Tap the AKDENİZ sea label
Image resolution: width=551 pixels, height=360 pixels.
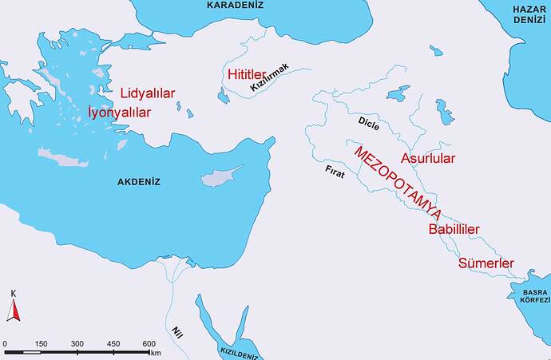(139, 182)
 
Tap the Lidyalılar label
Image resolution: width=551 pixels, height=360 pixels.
(148, 93)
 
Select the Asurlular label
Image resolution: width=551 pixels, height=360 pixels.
(428, 157)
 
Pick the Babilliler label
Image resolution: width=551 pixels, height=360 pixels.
(454, 230)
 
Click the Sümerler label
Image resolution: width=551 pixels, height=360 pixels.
(486, 263)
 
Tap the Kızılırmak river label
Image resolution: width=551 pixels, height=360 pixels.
(269, 79)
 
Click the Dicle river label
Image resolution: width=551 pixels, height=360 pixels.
(368, 125)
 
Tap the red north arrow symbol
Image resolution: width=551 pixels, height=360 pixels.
(13, 309)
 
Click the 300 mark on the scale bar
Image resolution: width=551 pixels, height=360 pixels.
(77, 344)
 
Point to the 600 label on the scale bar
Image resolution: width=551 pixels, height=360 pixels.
(149, 344)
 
